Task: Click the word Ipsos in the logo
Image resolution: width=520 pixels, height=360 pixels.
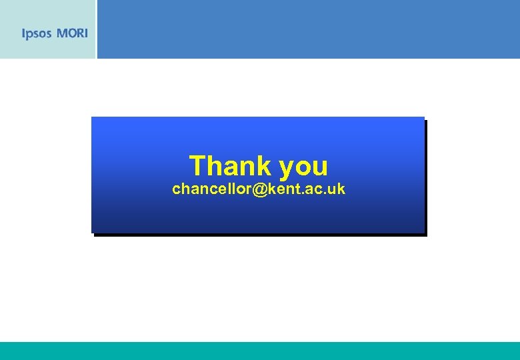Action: click(37, 33)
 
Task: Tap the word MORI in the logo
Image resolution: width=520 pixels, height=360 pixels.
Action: click(72, 33)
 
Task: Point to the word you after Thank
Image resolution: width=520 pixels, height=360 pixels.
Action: click(304, 167)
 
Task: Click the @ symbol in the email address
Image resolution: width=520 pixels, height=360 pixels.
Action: click(260, 189)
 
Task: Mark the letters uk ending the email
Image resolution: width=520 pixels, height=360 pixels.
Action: click(337, 189)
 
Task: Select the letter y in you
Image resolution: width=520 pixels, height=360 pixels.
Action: click(287, 168)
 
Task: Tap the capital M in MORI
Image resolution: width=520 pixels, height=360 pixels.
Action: click(61, 33)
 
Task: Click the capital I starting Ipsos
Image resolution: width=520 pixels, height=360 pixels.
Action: click(23, 33)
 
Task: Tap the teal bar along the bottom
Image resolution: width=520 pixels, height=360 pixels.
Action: click(260, 351)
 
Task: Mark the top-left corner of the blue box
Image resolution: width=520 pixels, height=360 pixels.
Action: click(92, 117)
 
